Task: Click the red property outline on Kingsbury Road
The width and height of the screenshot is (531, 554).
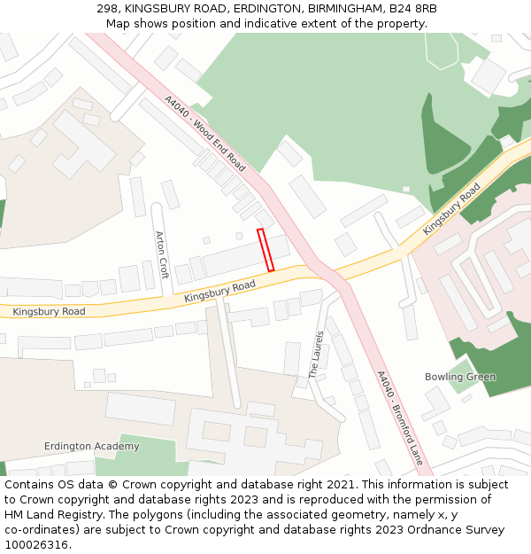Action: (265, 250)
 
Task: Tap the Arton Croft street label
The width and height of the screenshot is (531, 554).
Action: (161, 254)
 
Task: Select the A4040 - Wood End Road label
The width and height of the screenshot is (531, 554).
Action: (204, 134)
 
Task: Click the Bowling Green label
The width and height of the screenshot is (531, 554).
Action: (460, 377)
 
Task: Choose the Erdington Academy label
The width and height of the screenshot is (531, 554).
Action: (92, 446)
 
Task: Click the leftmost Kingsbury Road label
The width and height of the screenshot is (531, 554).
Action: (49, 311)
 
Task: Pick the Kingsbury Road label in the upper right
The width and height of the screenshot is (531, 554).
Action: (451, 209)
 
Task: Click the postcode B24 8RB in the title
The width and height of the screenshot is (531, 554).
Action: (413, 9)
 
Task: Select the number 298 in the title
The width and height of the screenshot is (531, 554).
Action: (107, 9)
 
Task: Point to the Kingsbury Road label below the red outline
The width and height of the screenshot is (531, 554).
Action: (219, 291)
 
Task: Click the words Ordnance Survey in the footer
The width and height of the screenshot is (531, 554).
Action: (466, 530)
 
